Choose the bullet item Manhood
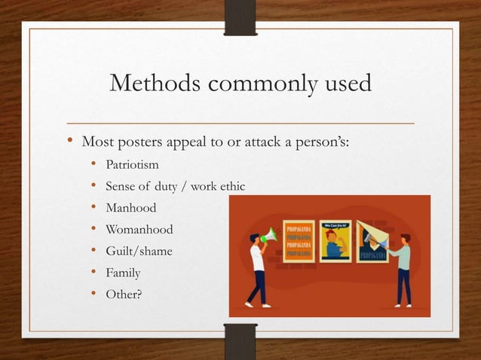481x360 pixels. [130, 207]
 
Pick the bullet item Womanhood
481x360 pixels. [139, 229]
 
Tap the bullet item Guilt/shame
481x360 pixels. [139, 251]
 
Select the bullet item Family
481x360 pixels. [123, 273]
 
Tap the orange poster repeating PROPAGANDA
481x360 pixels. [299, 241]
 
